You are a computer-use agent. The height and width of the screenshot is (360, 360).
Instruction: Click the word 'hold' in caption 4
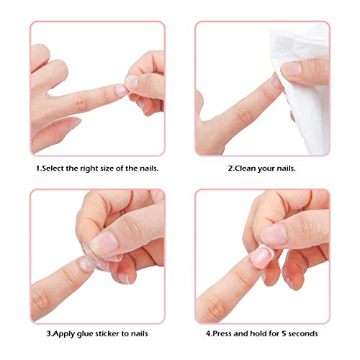point(257,333)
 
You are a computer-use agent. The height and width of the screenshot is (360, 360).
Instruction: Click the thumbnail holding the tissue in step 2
point(292,70)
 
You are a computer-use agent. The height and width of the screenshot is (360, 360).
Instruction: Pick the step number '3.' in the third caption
point(49,333)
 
